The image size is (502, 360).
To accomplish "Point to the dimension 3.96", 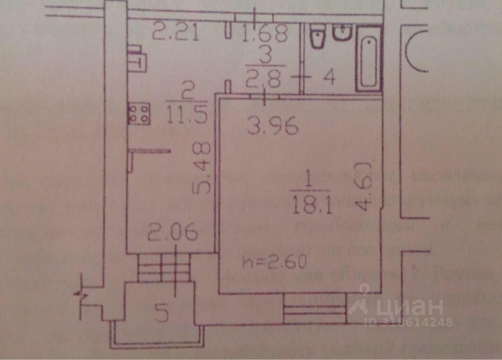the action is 273,126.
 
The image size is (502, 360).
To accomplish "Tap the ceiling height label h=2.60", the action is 274,260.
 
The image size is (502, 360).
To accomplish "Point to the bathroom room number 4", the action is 329,77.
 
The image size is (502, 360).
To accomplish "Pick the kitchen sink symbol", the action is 137,58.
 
